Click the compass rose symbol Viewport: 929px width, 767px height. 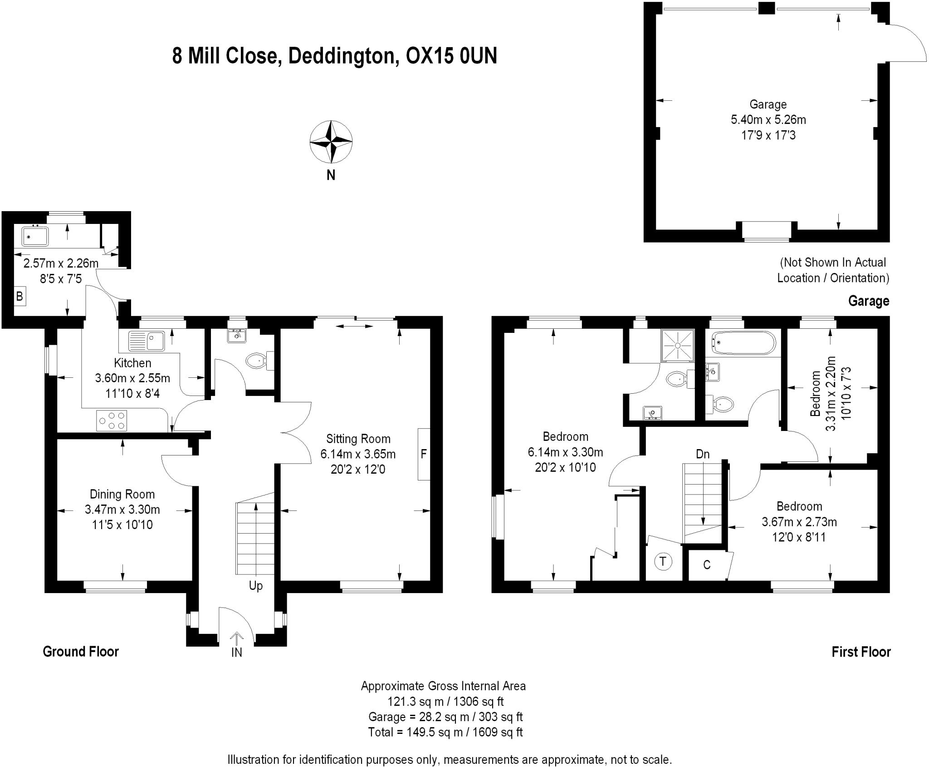click(x=331, y=142)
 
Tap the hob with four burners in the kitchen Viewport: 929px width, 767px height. click(x=112, y=420)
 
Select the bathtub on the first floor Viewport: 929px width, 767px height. click(x=743, y=343)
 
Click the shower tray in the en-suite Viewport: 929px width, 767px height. click(x=678, y=346)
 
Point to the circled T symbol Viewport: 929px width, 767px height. click(x=663, y=562)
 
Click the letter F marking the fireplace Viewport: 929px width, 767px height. click(x=424, y=454)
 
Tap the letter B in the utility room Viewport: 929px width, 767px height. click(x=20, y=297)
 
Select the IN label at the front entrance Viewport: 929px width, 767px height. click(x=237, y=653)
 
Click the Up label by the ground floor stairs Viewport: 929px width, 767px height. click(x=256, y=586)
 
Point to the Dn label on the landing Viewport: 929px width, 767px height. click(x=703, y=454)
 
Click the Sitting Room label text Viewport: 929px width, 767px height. click(x=358, y=439)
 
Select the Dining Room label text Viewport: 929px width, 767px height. click(x=122, y=494)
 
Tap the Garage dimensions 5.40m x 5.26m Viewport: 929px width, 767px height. click(x=768, y=120)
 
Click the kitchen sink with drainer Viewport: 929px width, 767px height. click(x=147, y=341)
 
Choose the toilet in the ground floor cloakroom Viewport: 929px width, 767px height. click(x=257, y=361)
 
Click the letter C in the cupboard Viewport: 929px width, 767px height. click(x=706, y=564)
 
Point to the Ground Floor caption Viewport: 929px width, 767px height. click(x=81, y=652)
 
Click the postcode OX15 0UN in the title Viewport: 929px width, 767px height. click(x=451, y=56)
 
